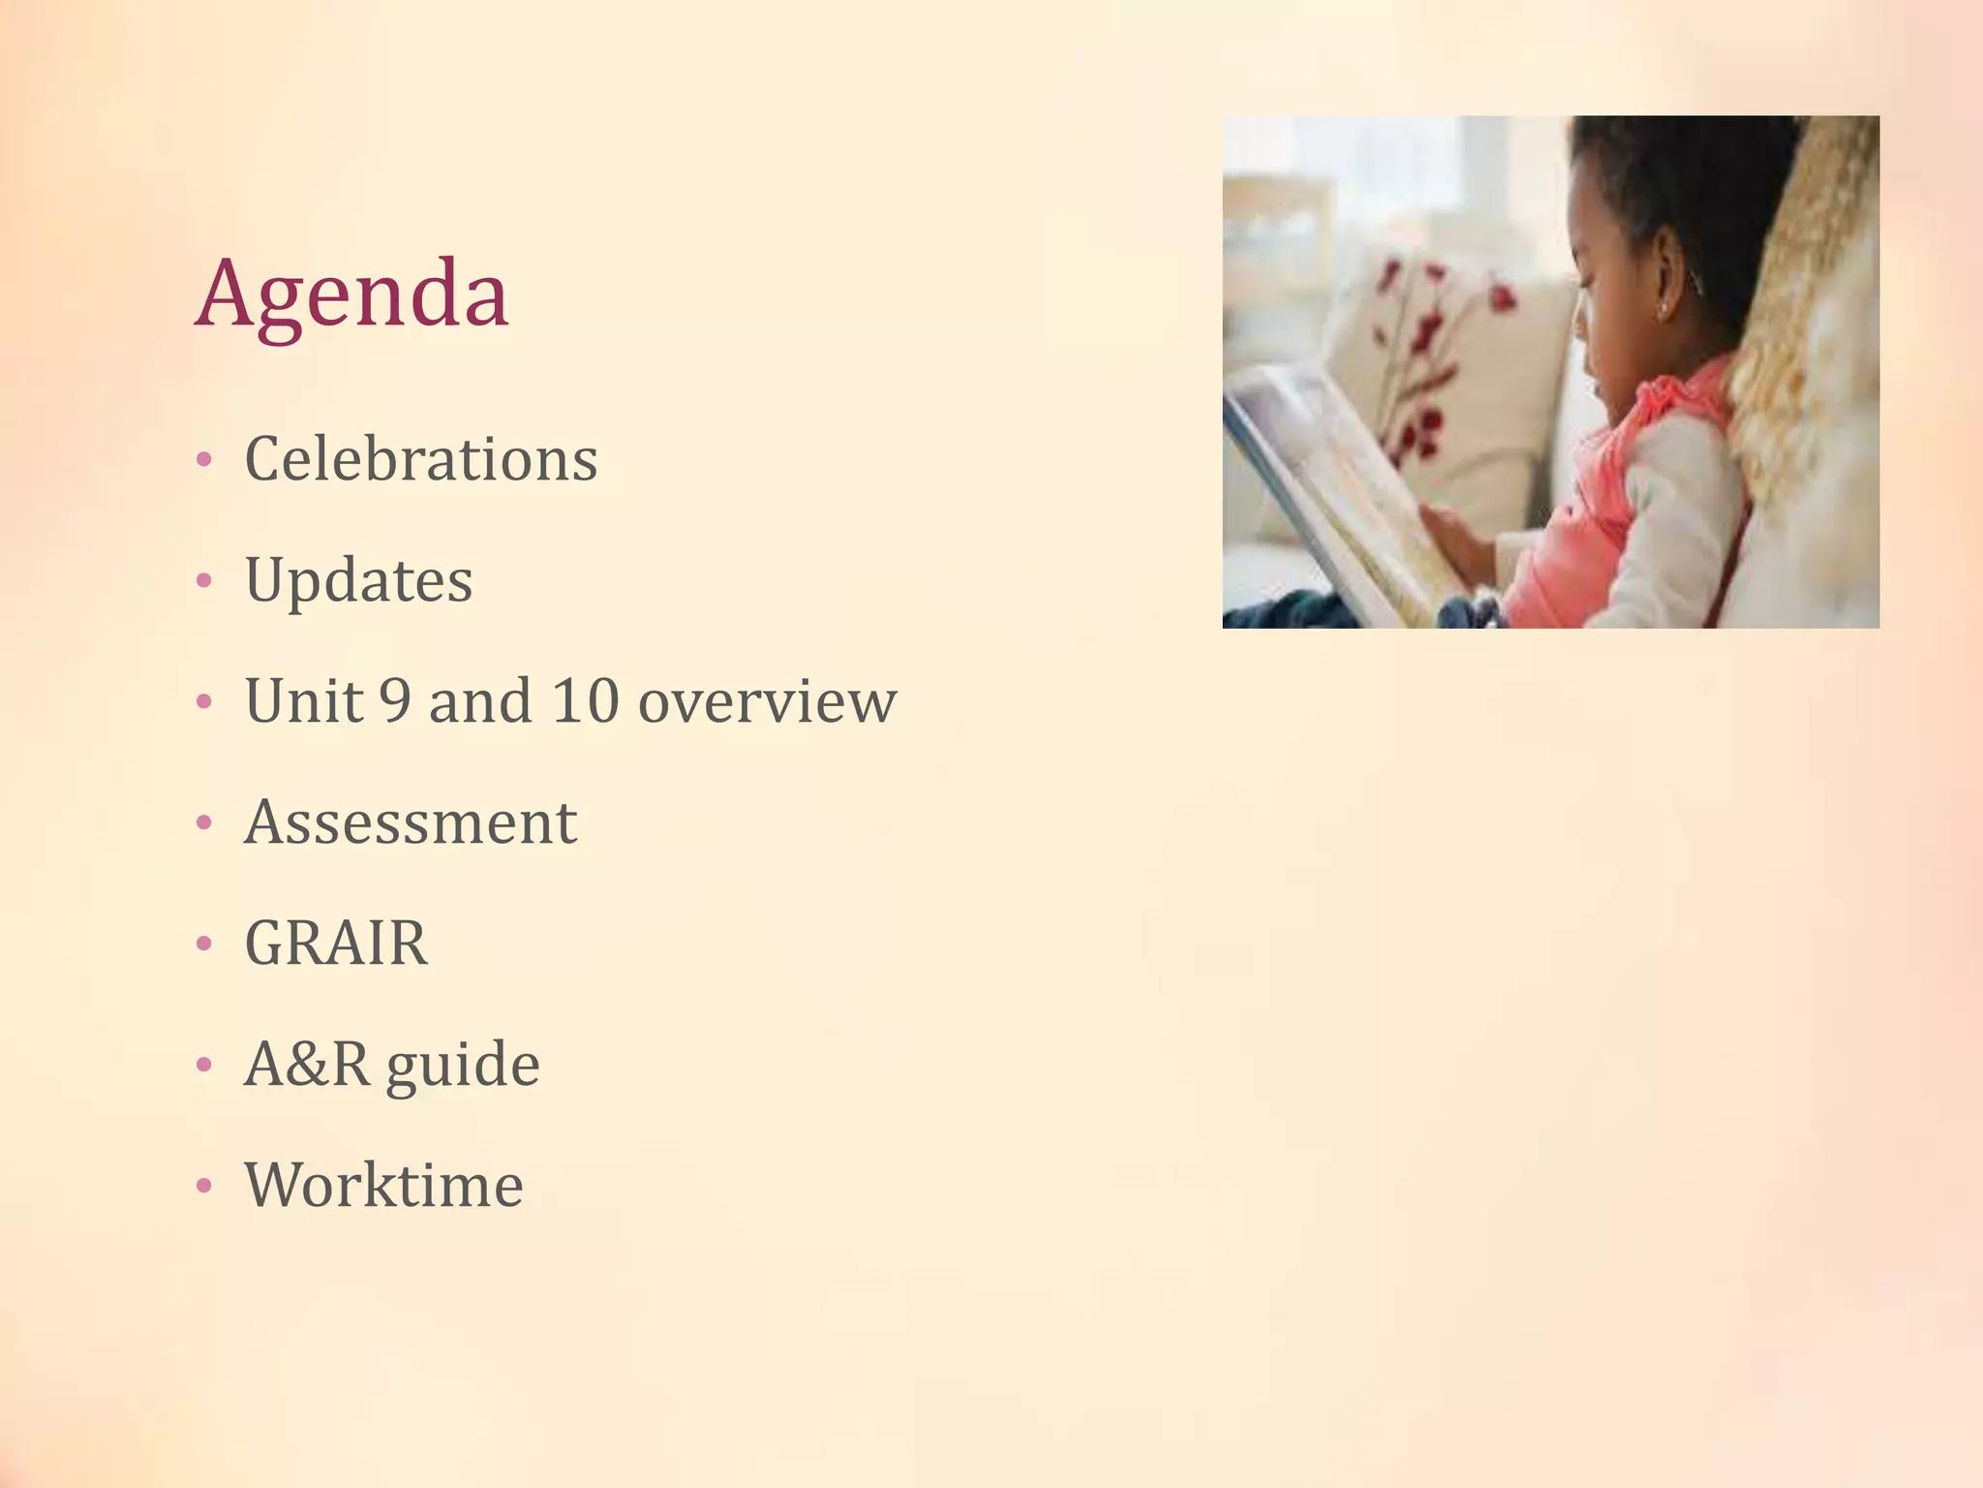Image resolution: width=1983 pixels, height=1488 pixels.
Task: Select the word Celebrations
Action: coord(421,458)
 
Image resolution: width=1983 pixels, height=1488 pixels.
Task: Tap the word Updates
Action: coord(359,580)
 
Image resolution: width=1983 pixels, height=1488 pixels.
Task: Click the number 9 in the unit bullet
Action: coord(395,700)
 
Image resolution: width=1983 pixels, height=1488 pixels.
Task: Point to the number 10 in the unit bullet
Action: coord(585,700)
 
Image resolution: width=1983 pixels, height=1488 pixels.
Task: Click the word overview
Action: coord(767,702)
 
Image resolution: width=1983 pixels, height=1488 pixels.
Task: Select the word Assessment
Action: coord(411,822)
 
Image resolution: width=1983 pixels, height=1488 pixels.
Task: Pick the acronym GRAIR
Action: coord(336,943)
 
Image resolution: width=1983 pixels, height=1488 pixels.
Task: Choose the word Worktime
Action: coord(383,1185)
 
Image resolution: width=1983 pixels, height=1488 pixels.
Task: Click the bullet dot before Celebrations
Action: coord(203,460)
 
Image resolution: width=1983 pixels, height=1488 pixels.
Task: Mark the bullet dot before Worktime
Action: coord(203,1186)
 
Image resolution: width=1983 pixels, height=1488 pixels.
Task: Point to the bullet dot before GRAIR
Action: coord(203,944)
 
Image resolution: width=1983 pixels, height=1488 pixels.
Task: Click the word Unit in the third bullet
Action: coord(303,700)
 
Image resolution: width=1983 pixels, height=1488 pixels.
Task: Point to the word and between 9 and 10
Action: coord(480,700)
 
